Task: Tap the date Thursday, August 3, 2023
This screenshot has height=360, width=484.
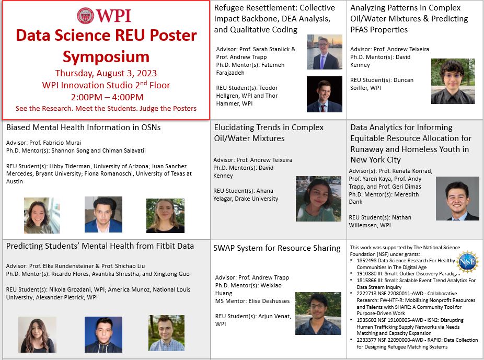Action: tap(106, 73)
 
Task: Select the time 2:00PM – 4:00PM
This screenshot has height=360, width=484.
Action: tap(107, 97)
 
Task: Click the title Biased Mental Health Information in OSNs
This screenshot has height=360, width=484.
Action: tap(83, 127)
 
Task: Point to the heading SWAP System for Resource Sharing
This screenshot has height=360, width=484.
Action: tap(277, 248)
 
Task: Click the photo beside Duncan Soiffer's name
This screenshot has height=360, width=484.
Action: tap(453, 81)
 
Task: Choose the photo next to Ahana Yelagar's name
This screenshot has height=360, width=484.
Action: tap(318, 199)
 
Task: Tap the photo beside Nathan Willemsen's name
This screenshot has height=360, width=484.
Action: tap(457, 199)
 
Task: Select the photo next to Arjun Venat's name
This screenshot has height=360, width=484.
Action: tap(318, 313)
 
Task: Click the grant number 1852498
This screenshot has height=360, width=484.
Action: tap(369, 261)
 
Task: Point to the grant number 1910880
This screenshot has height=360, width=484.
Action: tap(369, 273)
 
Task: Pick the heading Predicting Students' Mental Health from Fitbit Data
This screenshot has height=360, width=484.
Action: tap(100, 246)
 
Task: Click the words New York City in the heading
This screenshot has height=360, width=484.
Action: tap(375, 160)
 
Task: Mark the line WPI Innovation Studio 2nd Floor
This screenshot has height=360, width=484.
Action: tap(106, 85)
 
